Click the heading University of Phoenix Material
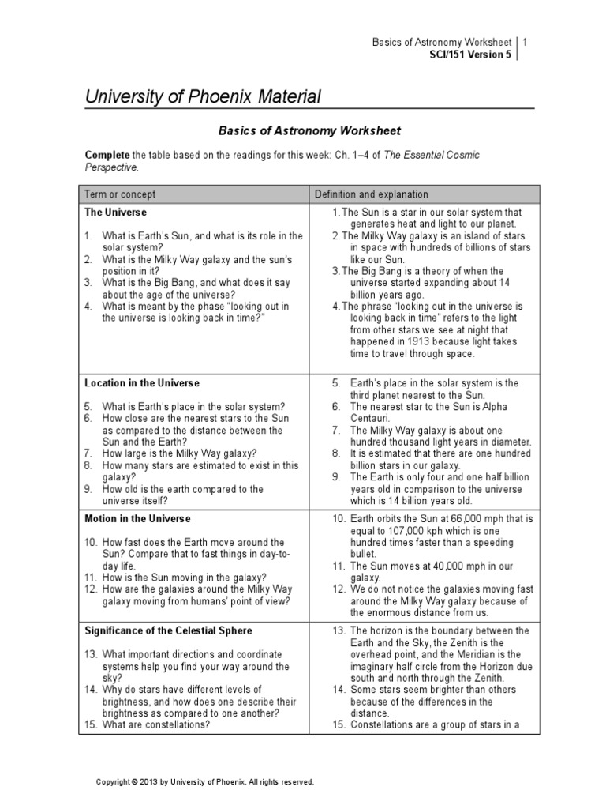point(203,97)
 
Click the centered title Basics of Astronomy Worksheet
point(309,130)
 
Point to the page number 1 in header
point(526,42)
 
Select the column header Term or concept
point(120,194)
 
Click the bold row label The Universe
point(115,213)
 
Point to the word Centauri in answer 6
point(370,419)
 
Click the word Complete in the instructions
point(107,155)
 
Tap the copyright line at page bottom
point(204,781)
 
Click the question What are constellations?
point(156,724)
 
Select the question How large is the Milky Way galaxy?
point(180,453)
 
